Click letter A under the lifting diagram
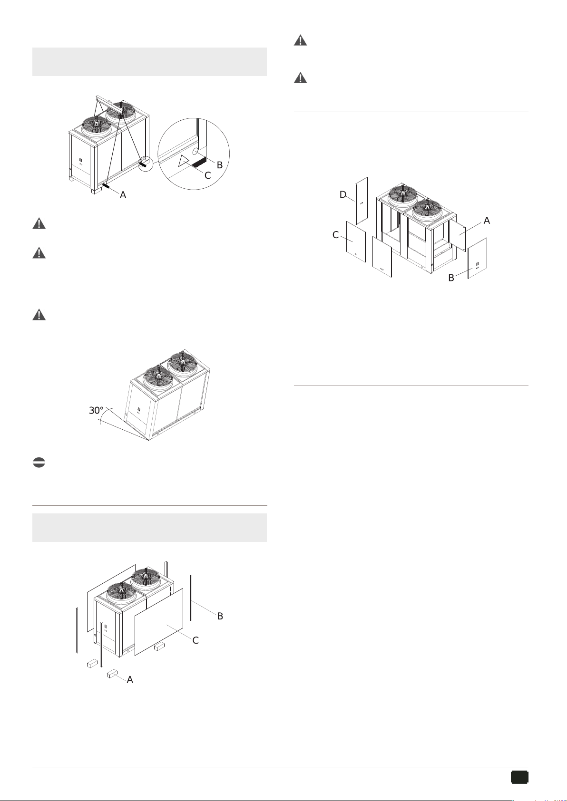click(x=123, y=195)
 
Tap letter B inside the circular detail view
click(x=220, y=165)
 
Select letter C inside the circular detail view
click(x=207, y=175)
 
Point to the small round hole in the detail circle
click(x=196, y=152)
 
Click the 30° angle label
click(x=96, y=410)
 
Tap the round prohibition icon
click(x=39, y=463)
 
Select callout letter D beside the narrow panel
click(x=342, y=194)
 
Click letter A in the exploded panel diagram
click(x=487, y=221)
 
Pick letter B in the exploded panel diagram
click(x=451, y=278)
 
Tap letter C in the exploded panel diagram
click(x=335, y=235)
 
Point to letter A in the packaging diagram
click(x=130, y=679)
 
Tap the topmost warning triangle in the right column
click(x=301, y=40)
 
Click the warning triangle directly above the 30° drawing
click(x=39, y=315)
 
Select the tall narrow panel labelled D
click(x=362, y=201)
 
